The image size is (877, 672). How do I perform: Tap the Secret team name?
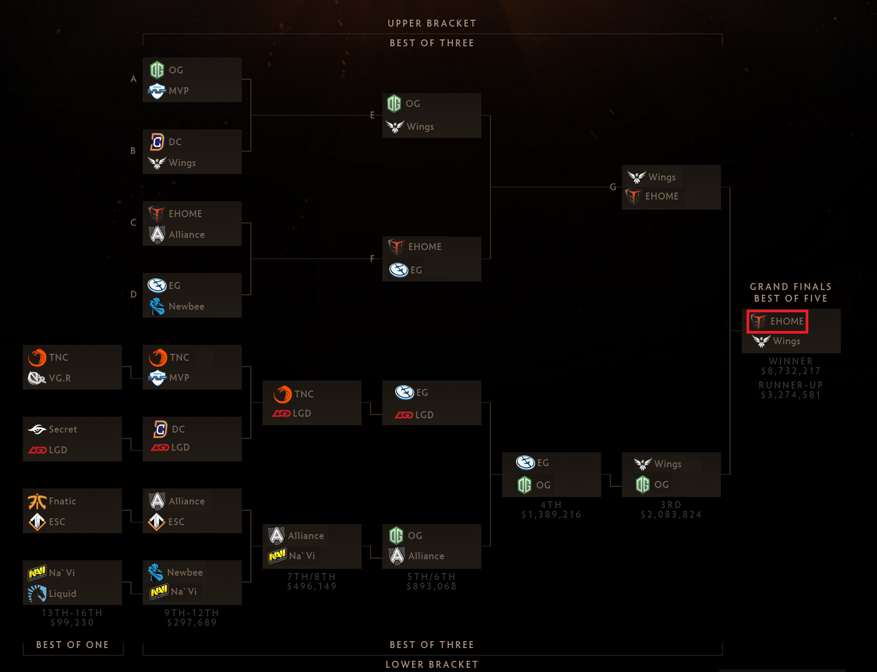[63, 429]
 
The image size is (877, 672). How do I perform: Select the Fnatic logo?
[37, 501]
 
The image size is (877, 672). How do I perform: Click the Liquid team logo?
[37, 593]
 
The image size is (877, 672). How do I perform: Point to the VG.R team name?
[60, 378]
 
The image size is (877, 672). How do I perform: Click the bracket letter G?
[613, 187]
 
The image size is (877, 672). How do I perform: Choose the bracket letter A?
[134, 79]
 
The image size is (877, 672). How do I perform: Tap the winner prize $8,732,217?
[791, 371]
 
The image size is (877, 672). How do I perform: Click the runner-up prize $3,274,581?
[791, 395]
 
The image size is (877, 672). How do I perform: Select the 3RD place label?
[671, 505]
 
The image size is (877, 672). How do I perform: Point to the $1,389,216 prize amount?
[551, 515]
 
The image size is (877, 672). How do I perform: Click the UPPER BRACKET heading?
[432, 23]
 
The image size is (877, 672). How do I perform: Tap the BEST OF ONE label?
[72, 645]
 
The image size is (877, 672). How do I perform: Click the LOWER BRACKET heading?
[432, 665]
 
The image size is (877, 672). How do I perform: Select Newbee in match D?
[186, 306]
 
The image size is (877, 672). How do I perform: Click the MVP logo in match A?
[157, 91]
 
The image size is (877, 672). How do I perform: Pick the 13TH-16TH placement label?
[72, 613]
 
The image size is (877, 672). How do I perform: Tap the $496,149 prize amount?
[312, 586]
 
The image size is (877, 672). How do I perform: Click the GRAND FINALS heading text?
[791, 287]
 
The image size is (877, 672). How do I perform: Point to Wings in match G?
[662, 177]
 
